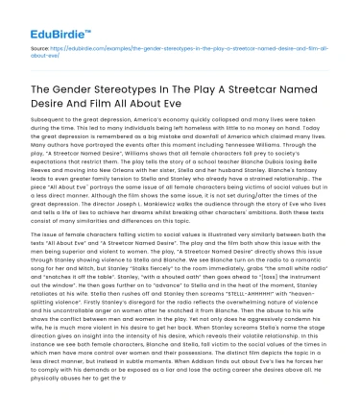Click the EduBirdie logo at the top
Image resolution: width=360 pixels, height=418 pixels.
48,16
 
